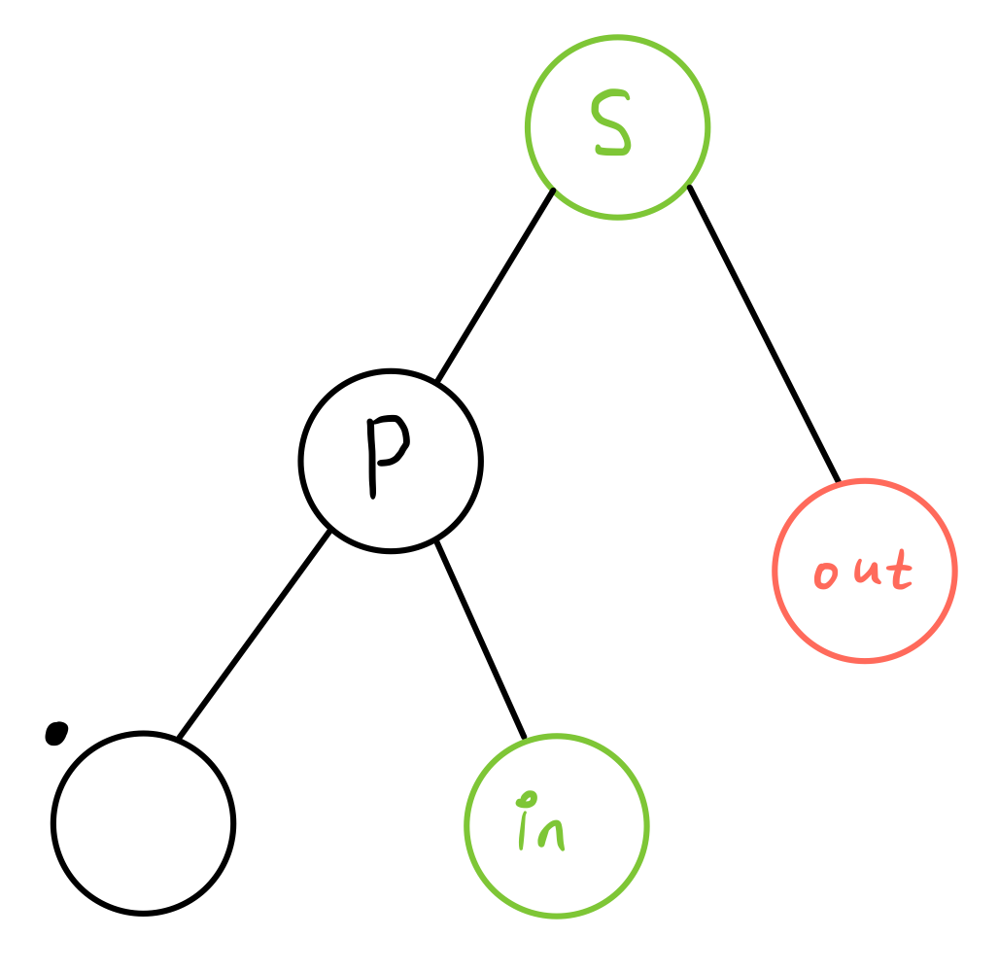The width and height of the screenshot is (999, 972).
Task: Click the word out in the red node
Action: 863,572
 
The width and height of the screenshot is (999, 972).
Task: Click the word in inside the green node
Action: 540,826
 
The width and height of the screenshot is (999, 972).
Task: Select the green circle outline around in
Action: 645,825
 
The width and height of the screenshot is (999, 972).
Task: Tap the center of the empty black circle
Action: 143,823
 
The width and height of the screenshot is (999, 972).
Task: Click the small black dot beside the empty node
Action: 56,733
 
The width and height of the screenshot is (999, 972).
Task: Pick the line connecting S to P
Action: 496,284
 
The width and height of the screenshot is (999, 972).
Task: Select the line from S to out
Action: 763,332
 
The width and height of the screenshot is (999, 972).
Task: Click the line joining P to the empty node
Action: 255,634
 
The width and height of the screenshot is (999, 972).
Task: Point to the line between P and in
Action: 480,639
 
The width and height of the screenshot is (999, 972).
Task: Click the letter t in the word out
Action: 899,571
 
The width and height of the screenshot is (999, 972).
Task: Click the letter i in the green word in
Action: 524,828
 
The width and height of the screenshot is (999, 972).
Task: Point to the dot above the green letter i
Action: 527,799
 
